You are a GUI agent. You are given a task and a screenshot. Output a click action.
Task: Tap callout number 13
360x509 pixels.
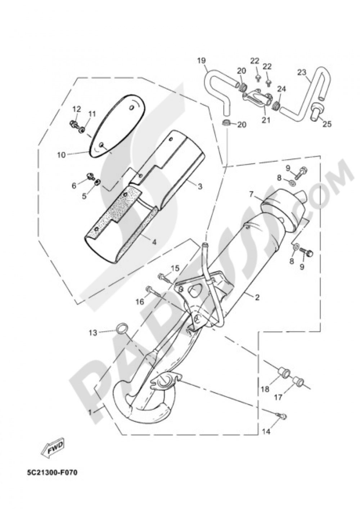(93, 333)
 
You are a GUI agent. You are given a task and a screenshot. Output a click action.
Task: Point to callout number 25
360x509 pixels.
(327, 124)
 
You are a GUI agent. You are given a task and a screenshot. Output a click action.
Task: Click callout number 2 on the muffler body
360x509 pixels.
(257, 297)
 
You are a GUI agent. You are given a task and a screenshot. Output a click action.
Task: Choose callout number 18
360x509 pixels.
(265, 389)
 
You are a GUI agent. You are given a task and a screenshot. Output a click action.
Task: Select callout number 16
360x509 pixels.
(140, 301)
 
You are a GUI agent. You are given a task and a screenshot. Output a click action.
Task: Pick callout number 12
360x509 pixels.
(77, 109)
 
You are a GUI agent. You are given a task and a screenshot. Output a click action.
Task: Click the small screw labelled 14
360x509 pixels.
(283, 416)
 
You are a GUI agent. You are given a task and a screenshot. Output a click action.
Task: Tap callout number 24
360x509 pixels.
(281, 89)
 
